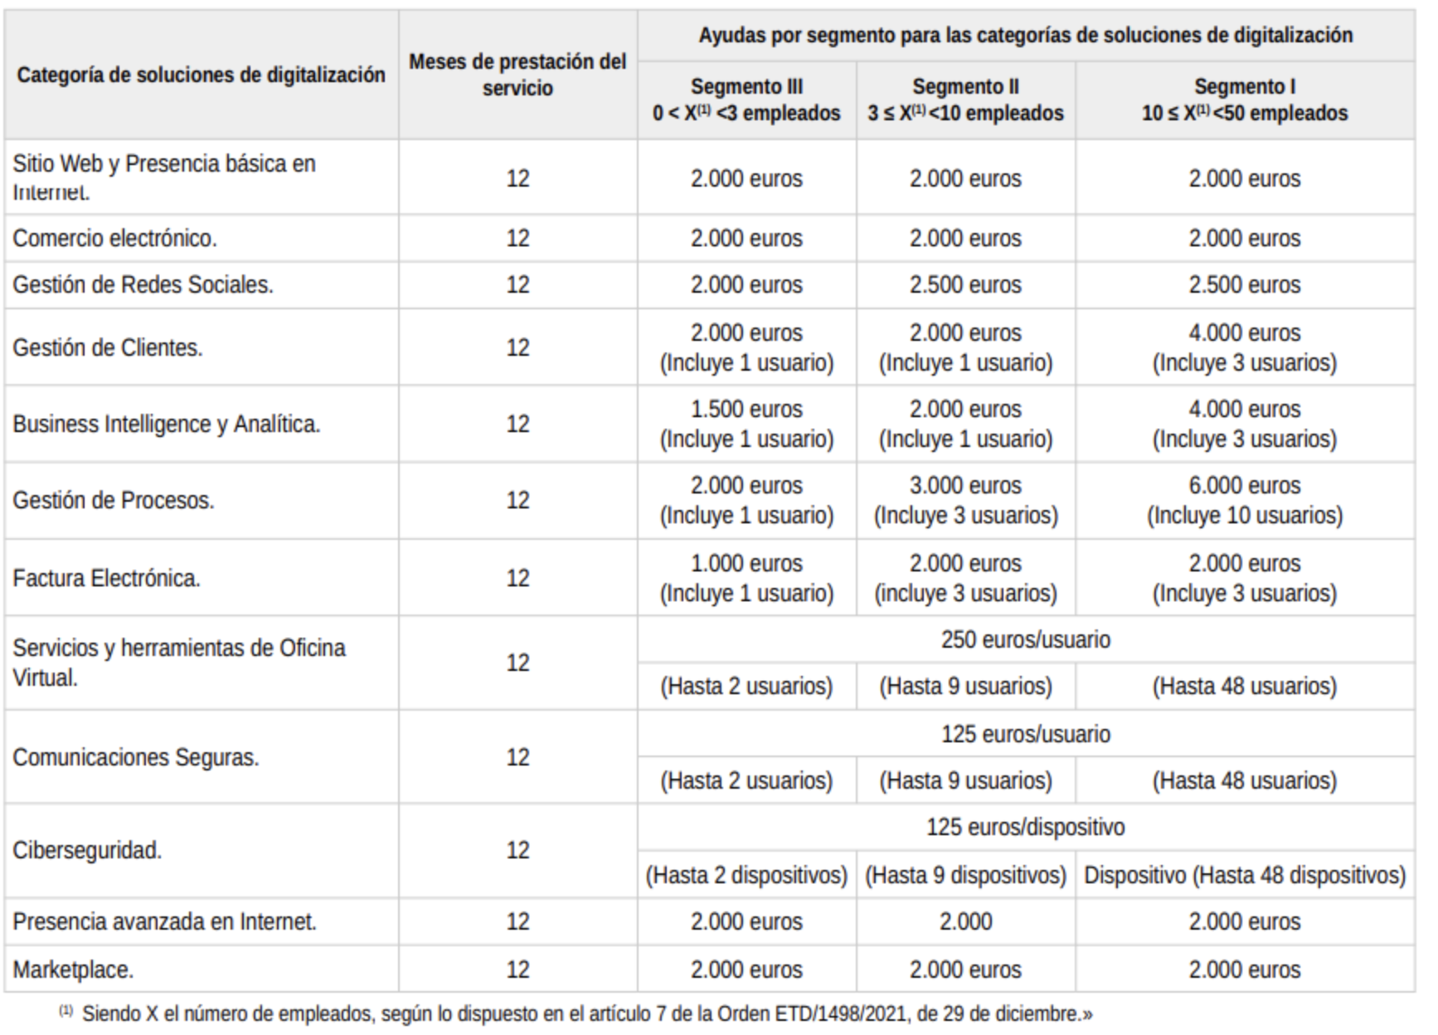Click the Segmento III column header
746,100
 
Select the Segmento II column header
965,100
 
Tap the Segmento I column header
1244,100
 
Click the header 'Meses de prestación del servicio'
517,75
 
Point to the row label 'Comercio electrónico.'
114,238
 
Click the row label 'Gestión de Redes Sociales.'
143,284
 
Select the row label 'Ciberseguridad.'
87,850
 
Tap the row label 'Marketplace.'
73,969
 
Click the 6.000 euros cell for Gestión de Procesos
1244,500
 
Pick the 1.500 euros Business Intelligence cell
746,424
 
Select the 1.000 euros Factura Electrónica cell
746,578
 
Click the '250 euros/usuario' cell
1025,639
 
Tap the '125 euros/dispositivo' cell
1025,827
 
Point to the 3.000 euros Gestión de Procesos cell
965,500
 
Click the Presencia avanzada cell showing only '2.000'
965,921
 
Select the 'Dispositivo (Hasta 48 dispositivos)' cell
1244,875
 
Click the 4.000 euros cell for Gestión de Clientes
1244,347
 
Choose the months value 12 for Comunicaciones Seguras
517,757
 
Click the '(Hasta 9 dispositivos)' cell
965,875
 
